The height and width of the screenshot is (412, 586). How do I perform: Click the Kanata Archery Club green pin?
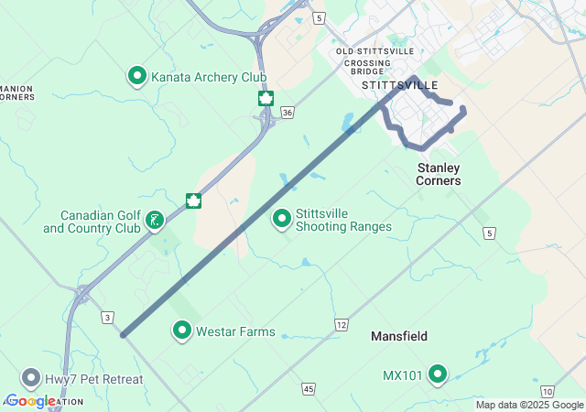coord(137,76)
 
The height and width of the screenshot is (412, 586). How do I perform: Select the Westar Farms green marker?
coord(182,331)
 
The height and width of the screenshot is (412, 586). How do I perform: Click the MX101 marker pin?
coord(438,374)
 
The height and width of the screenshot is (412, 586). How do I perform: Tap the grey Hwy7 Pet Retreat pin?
coord(31,378)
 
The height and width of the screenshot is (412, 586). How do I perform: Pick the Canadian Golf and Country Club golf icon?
coord(155,220)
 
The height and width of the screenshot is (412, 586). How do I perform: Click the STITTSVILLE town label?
coord(395,84)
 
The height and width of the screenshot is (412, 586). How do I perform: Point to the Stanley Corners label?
coord(439,174)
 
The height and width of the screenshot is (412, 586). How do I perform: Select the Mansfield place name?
coord(399,336)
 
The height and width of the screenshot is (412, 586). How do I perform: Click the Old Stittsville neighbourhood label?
coord(374,51)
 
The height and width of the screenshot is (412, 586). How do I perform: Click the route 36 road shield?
coord(287,113)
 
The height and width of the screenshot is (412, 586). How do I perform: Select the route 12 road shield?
coord(341,325)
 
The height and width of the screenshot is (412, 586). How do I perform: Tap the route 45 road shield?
coord(308,389)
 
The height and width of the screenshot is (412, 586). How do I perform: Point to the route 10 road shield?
coord(547,391)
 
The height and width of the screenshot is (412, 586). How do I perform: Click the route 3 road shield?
coord(107,317)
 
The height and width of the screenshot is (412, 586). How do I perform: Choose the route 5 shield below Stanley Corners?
coord(489,233)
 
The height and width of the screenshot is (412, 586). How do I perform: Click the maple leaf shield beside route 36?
coord(266,97)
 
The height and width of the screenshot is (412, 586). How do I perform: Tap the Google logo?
coord(30,401)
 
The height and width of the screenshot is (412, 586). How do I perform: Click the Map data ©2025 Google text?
coord(529,405)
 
